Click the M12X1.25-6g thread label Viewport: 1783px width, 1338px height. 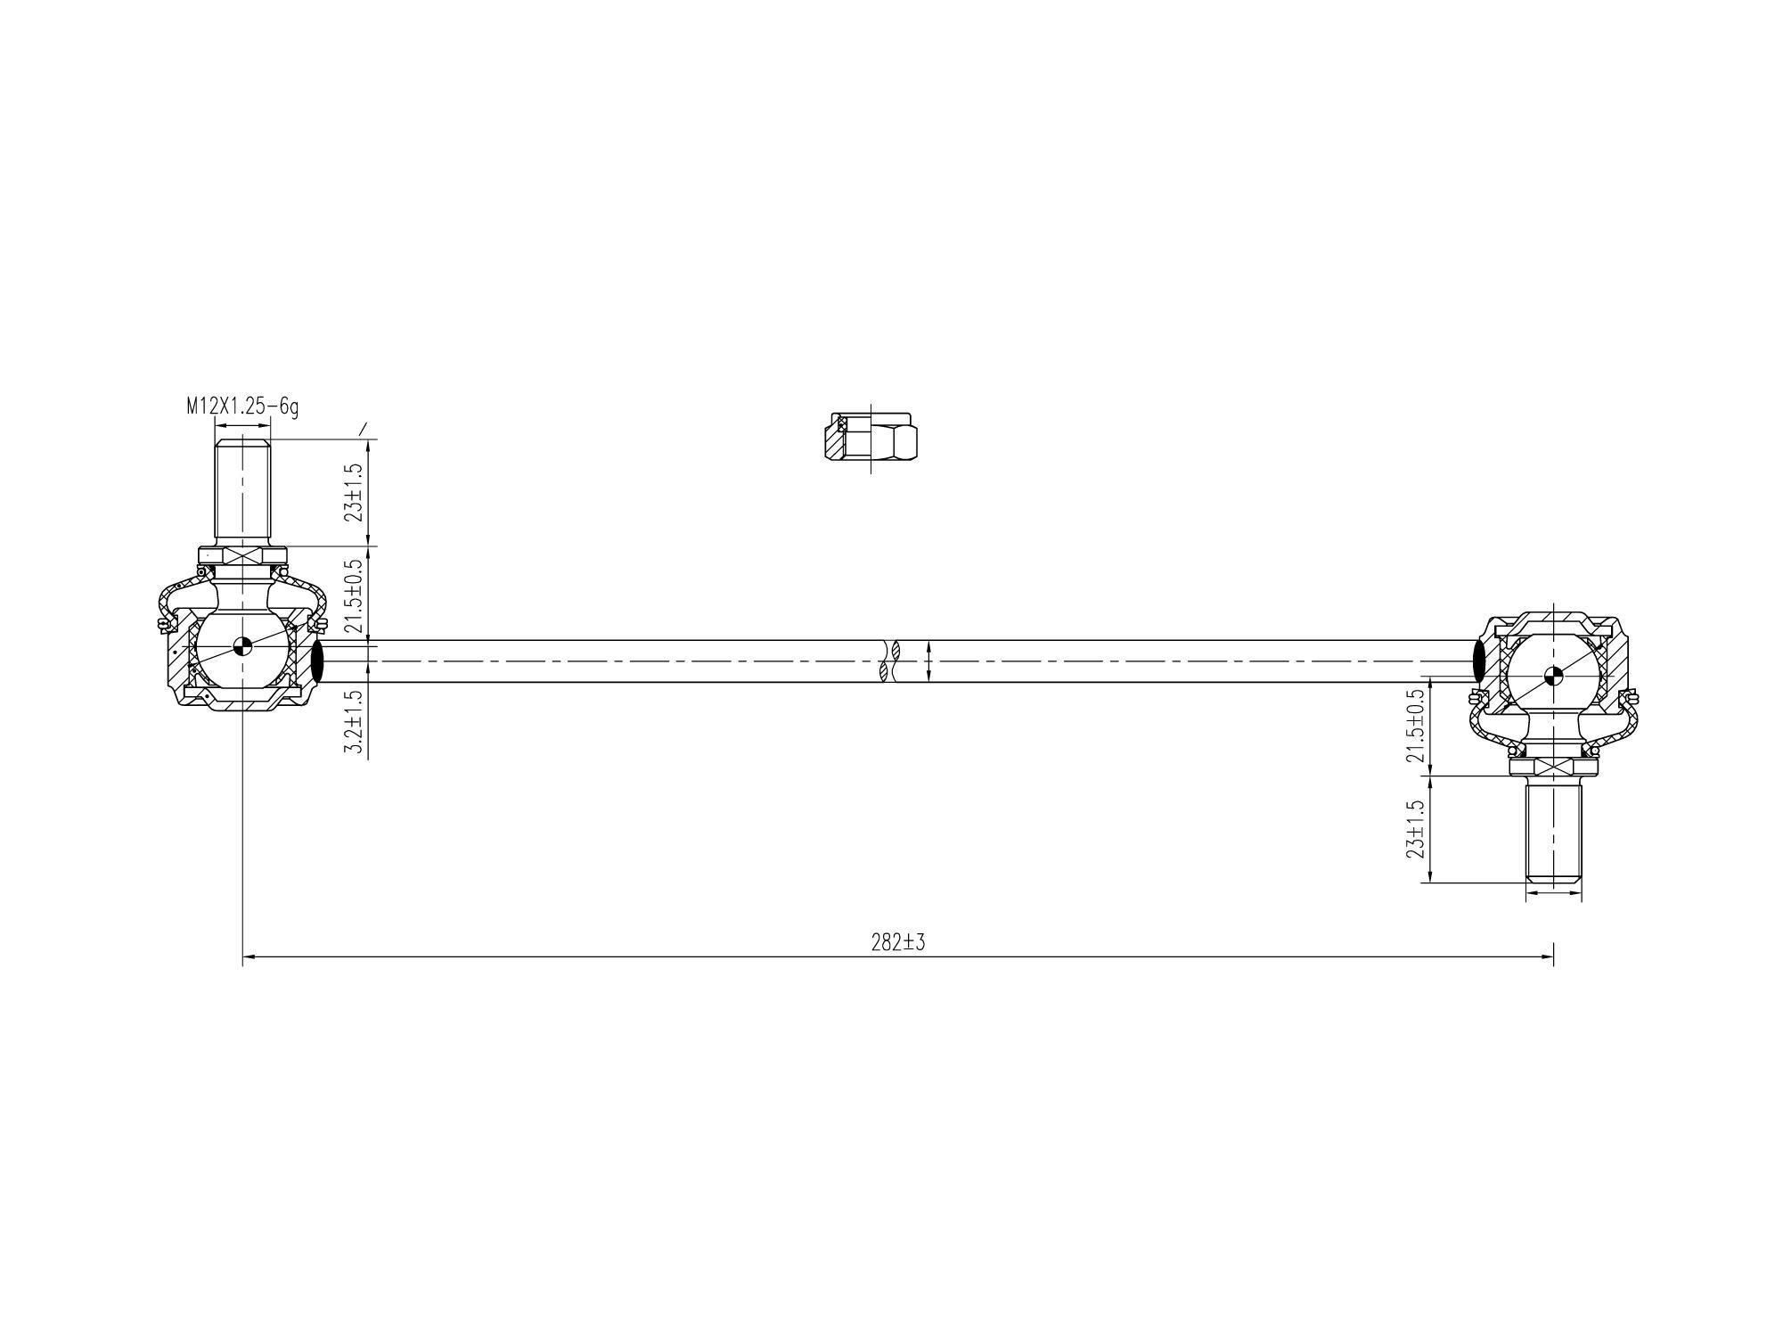tap(242, 406)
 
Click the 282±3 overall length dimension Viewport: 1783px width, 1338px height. tap(898, 942)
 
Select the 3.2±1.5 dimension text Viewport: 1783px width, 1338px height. tap(355, 722)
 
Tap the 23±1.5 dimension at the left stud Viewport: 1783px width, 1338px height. tap(355, 492)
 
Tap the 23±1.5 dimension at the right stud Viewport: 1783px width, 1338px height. tap(1415, 829)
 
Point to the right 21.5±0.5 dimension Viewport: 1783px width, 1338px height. tap(1415, 726)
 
